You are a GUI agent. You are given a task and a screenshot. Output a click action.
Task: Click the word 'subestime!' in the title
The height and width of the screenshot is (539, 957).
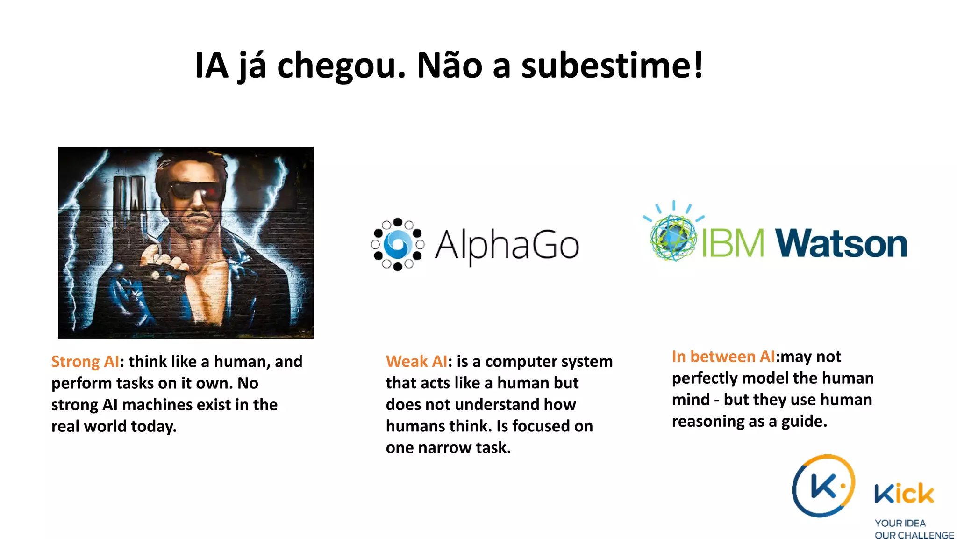(x=612, y=66)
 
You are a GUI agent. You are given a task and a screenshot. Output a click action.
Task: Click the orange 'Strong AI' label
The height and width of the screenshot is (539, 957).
(x=85, y=362)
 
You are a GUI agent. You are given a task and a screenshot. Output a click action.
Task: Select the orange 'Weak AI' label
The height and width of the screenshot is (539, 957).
(x=416, y=362)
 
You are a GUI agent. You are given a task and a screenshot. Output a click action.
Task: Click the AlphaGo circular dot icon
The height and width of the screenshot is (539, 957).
(x=398, y=244)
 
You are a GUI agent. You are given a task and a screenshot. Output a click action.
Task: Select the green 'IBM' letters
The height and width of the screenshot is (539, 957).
(x=733, y=243)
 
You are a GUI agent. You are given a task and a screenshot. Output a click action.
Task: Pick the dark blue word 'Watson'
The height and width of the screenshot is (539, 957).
(x=841, y=243)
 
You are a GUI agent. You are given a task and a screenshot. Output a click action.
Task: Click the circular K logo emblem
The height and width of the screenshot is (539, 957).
(x=823, y=486)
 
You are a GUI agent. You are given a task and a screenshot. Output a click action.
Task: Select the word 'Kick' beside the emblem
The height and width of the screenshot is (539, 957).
(x=904, y=494)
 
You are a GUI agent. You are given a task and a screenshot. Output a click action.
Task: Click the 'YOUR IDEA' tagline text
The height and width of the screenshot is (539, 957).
(x=900, y=523)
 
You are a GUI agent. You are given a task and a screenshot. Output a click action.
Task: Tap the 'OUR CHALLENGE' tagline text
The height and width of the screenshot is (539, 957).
(x=914, y=535)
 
